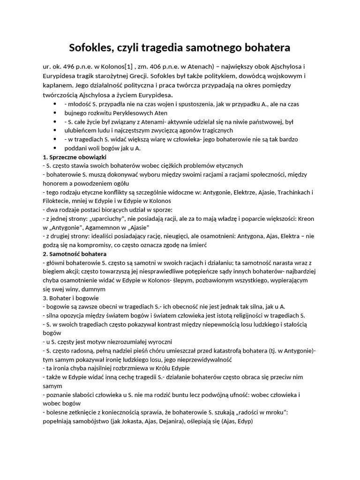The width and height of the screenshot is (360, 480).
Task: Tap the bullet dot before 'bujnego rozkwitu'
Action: (56, 113)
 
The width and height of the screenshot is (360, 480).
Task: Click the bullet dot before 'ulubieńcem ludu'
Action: (56, 130)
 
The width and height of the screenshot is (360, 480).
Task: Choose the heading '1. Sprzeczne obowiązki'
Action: (75, 157)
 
